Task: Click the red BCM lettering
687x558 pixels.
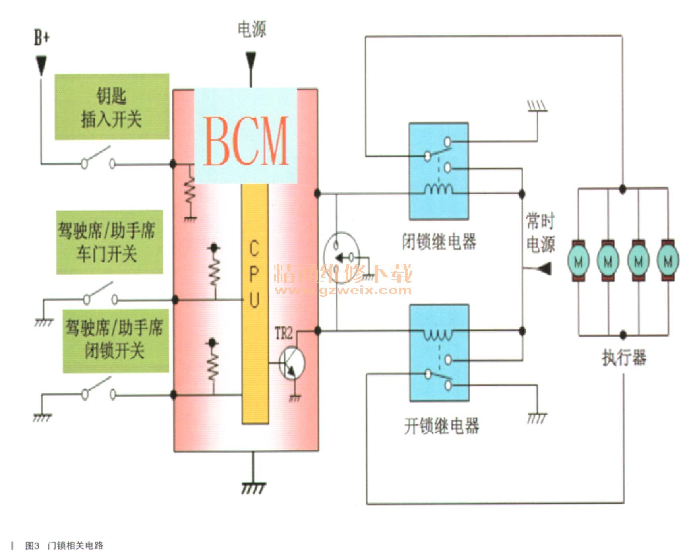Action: click(246, 141)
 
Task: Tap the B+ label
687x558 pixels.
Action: click(41, 38)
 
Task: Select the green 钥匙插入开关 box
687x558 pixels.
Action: click(112, 107)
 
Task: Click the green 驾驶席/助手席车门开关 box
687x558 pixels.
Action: click(109, 242)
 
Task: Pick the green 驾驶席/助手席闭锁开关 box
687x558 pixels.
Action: click(116, 341)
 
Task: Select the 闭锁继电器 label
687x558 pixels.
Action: click(439, 241)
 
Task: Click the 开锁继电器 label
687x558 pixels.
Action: click(441, 426)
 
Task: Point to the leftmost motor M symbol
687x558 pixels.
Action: click(579, 261)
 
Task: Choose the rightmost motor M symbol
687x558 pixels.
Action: click(668, 261)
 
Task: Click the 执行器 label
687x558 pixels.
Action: click(624, 357)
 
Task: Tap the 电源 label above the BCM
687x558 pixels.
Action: click(252, 29)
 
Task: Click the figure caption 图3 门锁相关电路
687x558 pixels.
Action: click(64, 546)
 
